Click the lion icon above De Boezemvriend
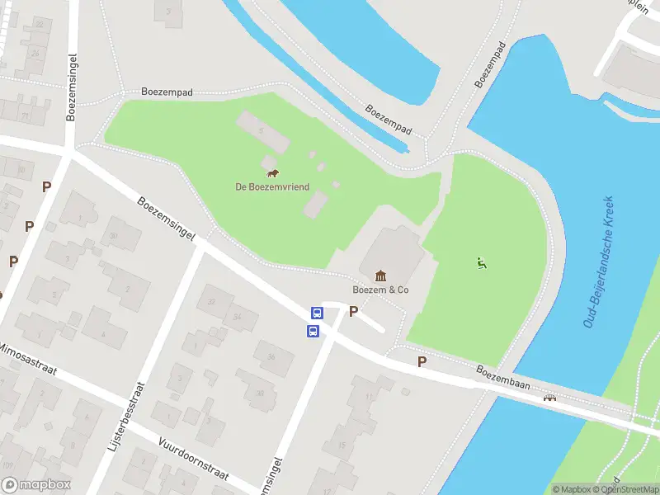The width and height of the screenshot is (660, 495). [x=272, y=173]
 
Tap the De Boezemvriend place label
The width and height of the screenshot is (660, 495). [x=272, y=187]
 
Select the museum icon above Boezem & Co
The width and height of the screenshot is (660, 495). [x=380, y=276]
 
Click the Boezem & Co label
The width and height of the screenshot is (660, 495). [x=380, y=290]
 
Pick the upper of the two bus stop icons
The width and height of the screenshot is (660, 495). [x=316, y=313]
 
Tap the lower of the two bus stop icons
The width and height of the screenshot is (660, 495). [x=313, y=331]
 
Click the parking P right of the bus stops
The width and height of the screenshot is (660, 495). [x=354, y=311]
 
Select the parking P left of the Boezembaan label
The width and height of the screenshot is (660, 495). [x=422, y=361]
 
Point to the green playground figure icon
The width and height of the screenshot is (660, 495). [x=481, y=263]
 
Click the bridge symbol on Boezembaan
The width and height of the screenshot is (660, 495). [x=549, y=398]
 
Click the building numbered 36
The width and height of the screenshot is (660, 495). [x=272, y=357]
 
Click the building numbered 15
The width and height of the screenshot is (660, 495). [x=340, y=446]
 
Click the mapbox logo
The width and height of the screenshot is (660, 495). [x=36, y=485]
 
